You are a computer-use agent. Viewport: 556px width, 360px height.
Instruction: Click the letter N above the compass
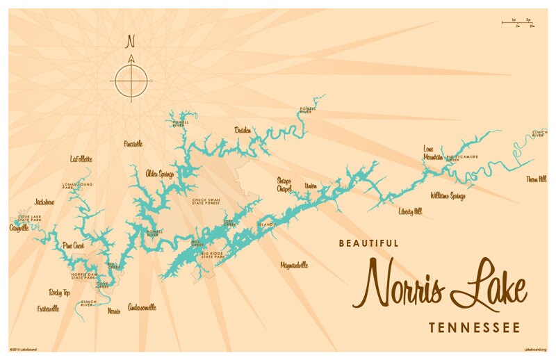point(130,42)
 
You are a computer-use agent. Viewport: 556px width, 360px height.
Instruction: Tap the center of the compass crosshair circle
point(130,80)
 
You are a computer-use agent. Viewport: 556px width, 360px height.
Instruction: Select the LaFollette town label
point(81,159)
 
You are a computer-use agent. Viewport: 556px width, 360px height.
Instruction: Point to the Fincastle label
point(133,144)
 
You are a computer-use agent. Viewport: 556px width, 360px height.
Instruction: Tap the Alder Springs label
point(159,174)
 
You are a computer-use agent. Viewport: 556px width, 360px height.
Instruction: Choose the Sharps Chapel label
point(284,185)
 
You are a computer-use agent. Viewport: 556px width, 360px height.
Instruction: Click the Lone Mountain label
point(433,153)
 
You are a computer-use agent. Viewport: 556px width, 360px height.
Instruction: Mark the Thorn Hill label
point(537,179)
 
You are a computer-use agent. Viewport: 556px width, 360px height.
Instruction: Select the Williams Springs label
point(448,196)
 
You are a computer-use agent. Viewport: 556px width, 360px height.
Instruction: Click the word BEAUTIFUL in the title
point(368,243)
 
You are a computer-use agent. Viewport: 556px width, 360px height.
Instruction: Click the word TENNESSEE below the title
point(463,327)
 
